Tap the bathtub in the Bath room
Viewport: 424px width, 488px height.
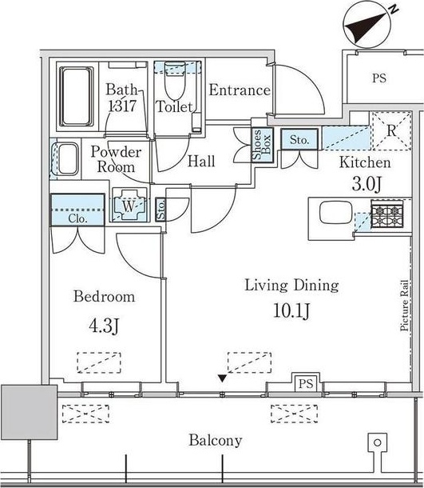coord(77,97)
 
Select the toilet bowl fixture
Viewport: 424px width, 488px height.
coord(175,80)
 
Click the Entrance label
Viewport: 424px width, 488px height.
coord(240,90)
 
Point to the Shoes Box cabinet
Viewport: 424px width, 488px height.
coord(263,145)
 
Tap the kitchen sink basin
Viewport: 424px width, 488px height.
coord(336,213)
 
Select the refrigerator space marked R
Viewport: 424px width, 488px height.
coord(391,130)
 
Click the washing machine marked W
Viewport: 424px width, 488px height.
coord(129,205)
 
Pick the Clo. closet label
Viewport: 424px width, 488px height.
coord(77,218)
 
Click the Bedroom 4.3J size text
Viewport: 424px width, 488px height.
coord(104,326)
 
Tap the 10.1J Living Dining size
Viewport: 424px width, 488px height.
coord(291,310)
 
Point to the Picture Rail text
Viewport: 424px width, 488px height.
coord(404,306)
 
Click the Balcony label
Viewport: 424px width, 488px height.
coord(216,441)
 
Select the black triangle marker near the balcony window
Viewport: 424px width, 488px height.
coord(222,378)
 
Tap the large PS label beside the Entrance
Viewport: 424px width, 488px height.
coord(379,78)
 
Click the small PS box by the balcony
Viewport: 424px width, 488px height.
coord(306,383)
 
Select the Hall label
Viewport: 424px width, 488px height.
coord(201,162)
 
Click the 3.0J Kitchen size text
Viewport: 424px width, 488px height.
coord(366,184)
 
